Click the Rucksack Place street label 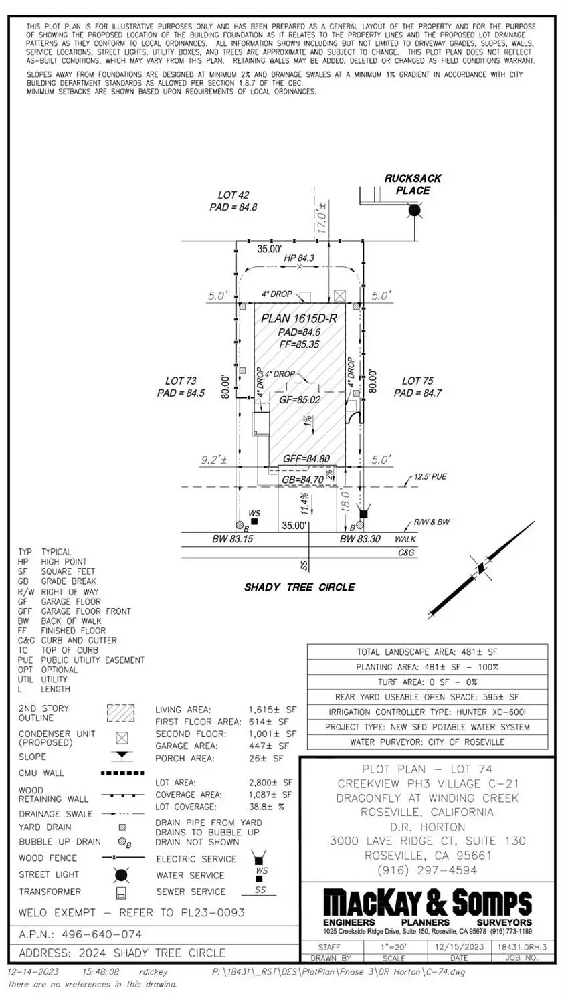tap(413, 184)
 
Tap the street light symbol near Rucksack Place tap(415, 211)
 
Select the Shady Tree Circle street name tap(299, 587)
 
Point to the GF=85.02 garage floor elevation tap(300, 399)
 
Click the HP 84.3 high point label tap(299, 258)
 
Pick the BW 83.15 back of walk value tap(232, 538)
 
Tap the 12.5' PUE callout tap(430, 477)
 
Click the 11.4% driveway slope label tap(304, 500)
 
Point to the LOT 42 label tap(233, 195)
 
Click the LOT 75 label tap(417, 381)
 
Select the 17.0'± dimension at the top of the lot tap(322, 217)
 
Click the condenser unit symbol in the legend tap(121, 738)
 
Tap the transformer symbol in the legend tap(121, 893)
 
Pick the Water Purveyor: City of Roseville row tap(427, 742)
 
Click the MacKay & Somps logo tap(428, 903)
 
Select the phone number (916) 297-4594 tap(427, 870)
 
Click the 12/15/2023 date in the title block tap(459, 947)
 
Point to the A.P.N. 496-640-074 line tap(80, 934)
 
